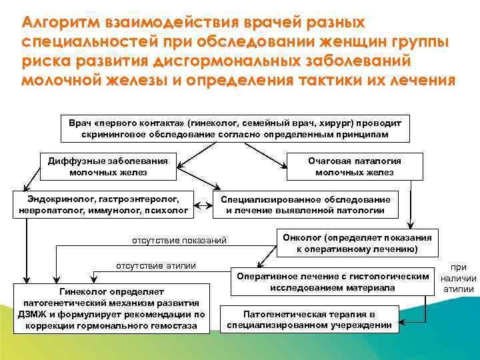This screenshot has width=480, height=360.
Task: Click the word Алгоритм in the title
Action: pos(61,23)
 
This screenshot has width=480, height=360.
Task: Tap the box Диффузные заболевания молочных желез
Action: pos(108,167)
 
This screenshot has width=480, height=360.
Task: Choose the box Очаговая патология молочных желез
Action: pos(354,167)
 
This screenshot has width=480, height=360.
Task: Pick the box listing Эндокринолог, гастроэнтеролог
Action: pos(103,205)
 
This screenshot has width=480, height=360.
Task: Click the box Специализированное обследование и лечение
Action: pos(305,205)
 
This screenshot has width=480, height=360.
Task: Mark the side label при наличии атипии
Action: pos(459,277)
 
